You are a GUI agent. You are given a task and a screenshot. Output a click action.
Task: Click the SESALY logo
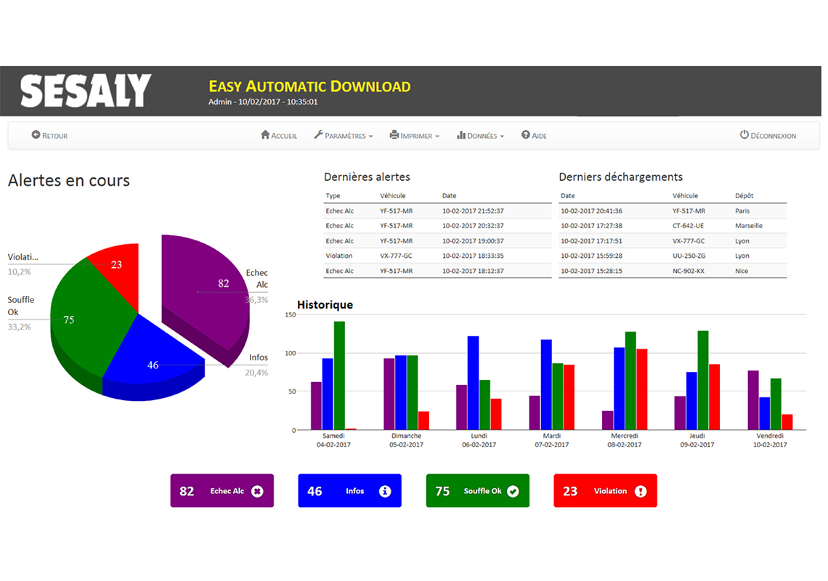pos(86,91)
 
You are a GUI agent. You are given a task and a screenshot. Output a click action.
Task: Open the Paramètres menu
pos(344,136)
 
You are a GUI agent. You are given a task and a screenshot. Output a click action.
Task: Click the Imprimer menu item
pos(415,136)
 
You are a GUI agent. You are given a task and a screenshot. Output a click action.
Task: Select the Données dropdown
pos(480,136)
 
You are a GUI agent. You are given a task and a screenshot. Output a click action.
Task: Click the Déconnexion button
pos(768,136)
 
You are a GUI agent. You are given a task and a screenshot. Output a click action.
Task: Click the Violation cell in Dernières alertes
pos(339,256)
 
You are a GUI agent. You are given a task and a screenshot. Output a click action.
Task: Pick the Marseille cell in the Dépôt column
pos(749,226)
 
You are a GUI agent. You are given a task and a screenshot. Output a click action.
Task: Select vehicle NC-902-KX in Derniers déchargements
pos(689,271)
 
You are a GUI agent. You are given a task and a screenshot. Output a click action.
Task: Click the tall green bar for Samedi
pos(339,374)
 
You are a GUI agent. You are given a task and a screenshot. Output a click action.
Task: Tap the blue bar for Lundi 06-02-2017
pos(473,383)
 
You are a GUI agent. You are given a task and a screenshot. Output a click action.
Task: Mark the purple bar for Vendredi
pos(753,400)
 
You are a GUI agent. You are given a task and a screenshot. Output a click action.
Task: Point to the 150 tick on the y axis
pos(291,315)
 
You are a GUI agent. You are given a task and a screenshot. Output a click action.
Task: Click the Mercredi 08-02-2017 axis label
pos(625,440)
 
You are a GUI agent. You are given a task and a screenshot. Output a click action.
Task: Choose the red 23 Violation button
pos(605,491)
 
